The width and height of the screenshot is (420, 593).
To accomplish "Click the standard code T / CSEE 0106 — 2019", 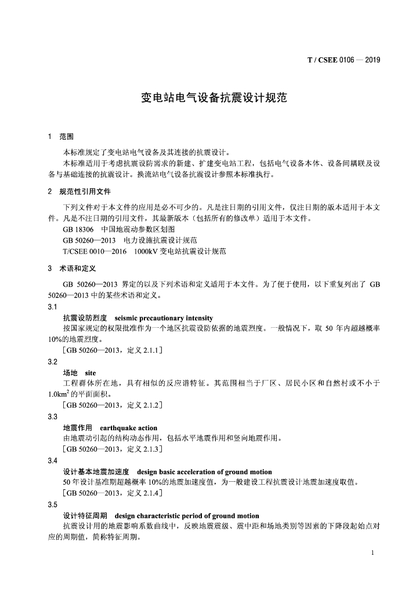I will [343, 60].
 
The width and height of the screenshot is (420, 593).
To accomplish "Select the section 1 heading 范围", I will [67, 137].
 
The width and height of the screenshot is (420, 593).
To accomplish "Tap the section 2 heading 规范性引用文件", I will [85, 191].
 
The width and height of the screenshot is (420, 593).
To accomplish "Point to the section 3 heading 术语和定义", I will [77, 269].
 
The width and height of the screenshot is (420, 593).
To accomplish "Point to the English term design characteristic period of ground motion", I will [187, 515].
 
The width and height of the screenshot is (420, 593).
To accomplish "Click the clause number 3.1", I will [53, 307].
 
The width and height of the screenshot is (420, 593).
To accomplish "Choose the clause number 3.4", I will [53, 461].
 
